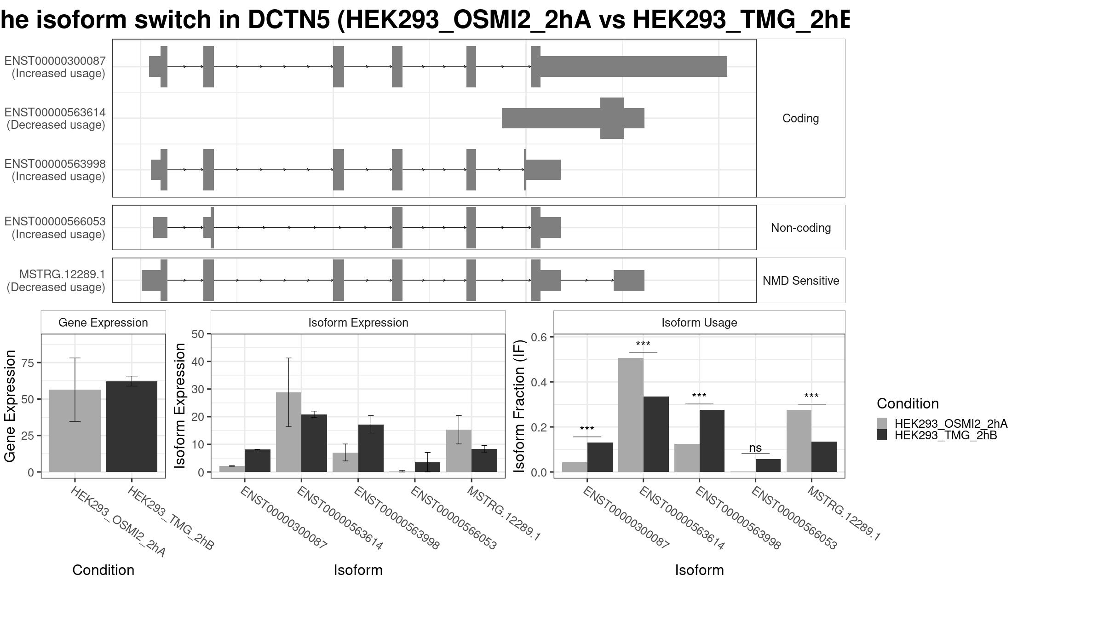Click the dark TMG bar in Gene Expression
pos(132,426)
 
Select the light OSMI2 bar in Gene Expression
pos(75,431)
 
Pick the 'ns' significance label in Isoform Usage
pos(755,448)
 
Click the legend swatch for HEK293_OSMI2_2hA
pos(882,423)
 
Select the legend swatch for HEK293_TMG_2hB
pos(882,435)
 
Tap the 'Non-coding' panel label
pos(801,228)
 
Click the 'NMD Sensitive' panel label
pos(801,281)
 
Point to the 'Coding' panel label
pos(801,118)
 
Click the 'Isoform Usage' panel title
pos(699,322)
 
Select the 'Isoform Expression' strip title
pos(358,322)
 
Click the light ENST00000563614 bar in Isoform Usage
pos(631,415)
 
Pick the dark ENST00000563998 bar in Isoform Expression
pos(371,448)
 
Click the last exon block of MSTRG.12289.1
pos(629,281)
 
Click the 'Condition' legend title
pos(908,403)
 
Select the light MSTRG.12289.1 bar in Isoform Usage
pos(799,441)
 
